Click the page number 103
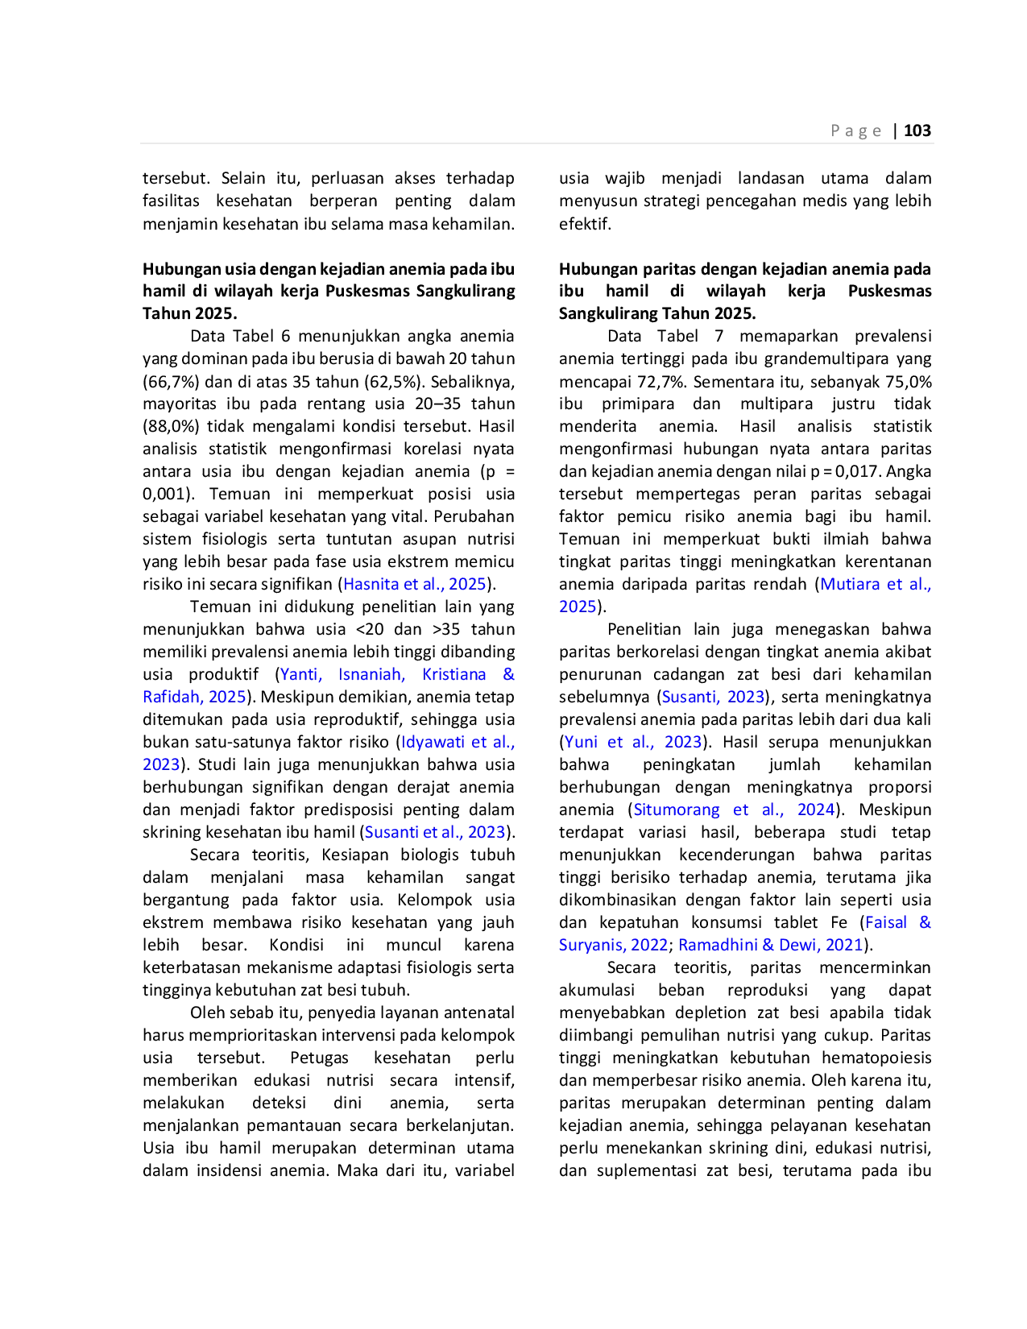[917, 130]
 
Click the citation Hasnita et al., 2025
[415, 584]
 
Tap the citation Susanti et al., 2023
[435, 832]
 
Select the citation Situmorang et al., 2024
[734, 809]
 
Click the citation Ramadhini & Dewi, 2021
[771, 945]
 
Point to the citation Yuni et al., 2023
[632, 742]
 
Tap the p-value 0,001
[162, 495]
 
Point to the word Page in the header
[855, 130]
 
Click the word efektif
[585, 224]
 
